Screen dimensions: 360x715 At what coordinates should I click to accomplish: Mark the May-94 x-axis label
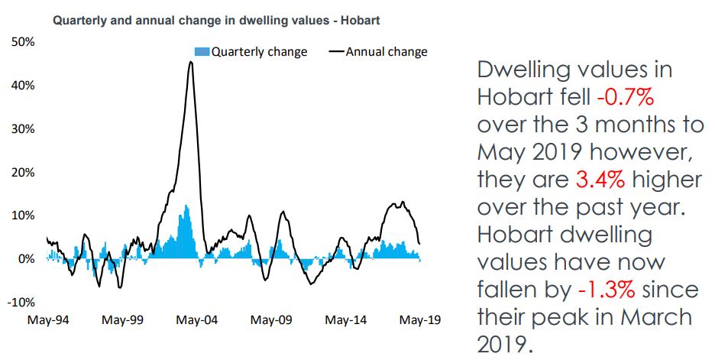(x=47, y=319)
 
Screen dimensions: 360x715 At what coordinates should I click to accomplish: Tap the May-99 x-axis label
(x=121, y=319)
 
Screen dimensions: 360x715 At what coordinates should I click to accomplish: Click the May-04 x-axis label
(x=196, y=319)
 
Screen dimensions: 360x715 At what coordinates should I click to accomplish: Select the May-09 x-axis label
(x=271, y=319)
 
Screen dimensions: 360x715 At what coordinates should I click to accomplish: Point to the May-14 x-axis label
(x=345, y=319)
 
